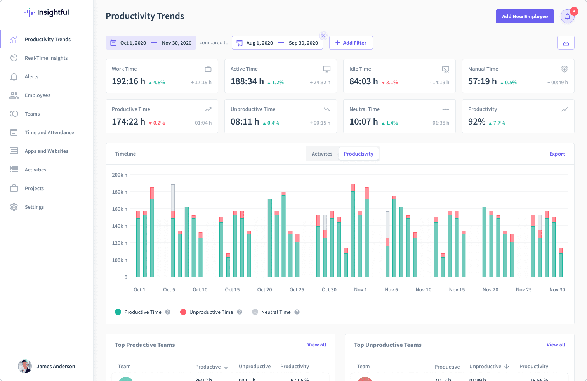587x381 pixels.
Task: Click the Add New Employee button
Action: (x=525, y=16)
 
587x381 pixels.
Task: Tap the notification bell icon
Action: (x=568, y=16)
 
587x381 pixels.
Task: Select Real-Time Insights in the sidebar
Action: (x=46, y=58)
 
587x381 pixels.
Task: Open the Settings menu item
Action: (x=34, y=207)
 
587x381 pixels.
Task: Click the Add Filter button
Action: (x=351, y=43)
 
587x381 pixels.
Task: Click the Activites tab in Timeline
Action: (x=322, y=154)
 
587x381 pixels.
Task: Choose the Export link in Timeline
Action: (x=557, y=154)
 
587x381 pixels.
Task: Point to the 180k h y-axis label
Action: (x=120, y=192)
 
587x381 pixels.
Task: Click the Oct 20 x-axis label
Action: (x=264, y=289)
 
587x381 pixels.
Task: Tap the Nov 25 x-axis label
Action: (x=524, y=289)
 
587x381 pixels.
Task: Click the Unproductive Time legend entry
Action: (x=211, y=312)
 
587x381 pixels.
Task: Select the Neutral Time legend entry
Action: (x=276, y=312)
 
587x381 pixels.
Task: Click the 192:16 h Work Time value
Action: (x=129, y=81)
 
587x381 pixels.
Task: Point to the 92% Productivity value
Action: (x=477, y=122)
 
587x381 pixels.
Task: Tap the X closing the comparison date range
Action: (x=323, y=36)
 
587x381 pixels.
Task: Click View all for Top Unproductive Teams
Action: (x=556, y=345)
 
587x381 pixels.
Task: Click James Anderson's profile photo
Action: (x=25, y=366)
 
